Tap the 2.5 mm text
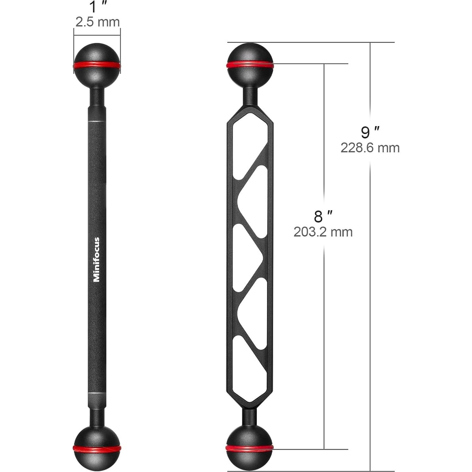pos(97,22)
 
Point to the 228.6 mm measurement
pos(370,148)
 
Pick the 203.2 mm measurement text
pos(323,232)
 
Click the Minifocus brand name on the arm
pos(96,259)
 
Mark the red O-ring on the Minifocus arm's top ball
pos(97,65)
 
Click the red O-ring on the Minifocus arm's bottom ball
pos(97,448)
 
